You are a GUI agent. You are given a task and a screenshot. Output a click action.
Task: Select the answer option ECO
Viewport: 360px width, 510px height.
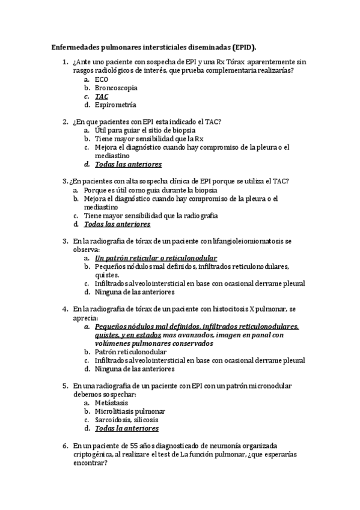(102, 79)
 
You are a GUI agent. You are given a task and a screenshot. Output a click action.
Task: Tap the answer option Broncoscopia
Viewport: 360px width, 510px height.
(116, 87)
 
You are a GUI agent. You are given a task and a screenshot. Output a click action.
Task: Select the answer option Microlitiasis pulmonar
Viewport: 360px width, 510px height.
(130, 411)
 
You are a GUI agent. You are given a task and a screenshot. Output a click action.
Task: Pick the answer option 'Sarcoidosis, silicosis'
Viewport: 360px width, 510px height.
(126, 420)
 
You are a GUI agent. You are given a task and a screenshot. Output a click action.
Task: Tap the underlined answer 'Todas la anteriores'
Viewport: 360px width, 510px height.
(127, 428)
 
